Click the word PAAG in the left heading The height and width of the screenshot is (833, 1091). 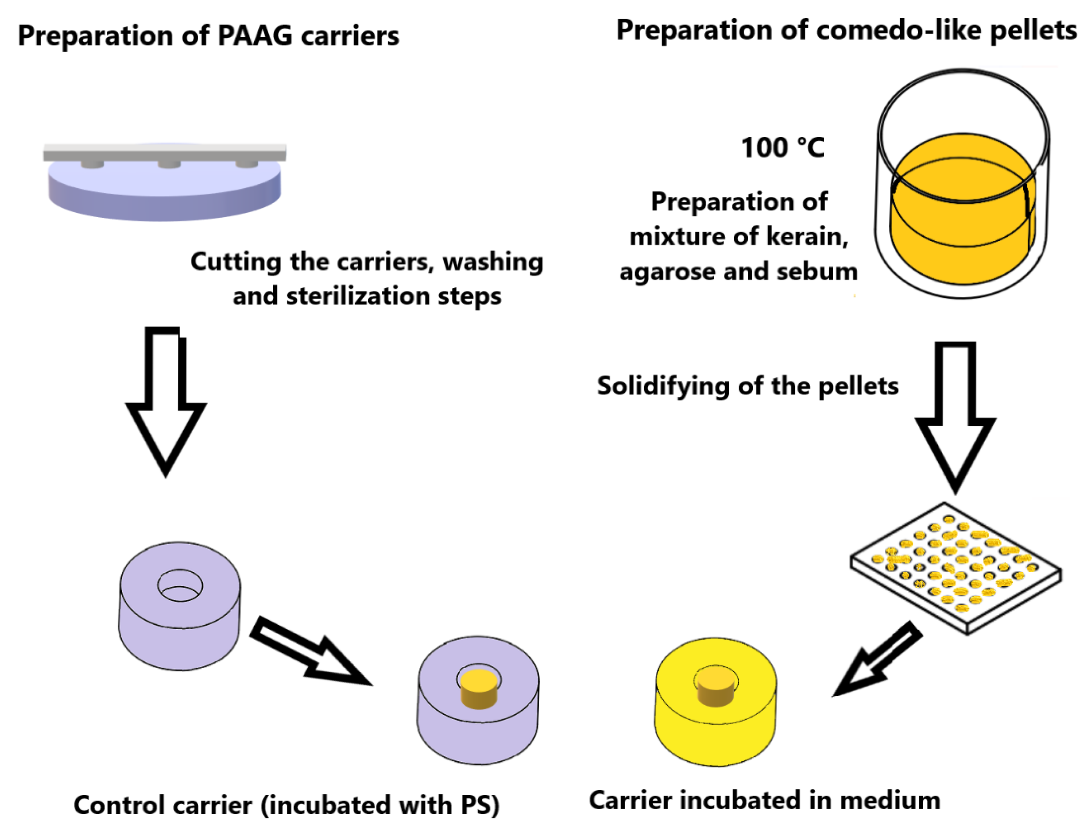pos(255,36)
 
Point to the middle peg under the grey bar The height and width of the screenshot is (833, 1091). pos(169,164)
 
